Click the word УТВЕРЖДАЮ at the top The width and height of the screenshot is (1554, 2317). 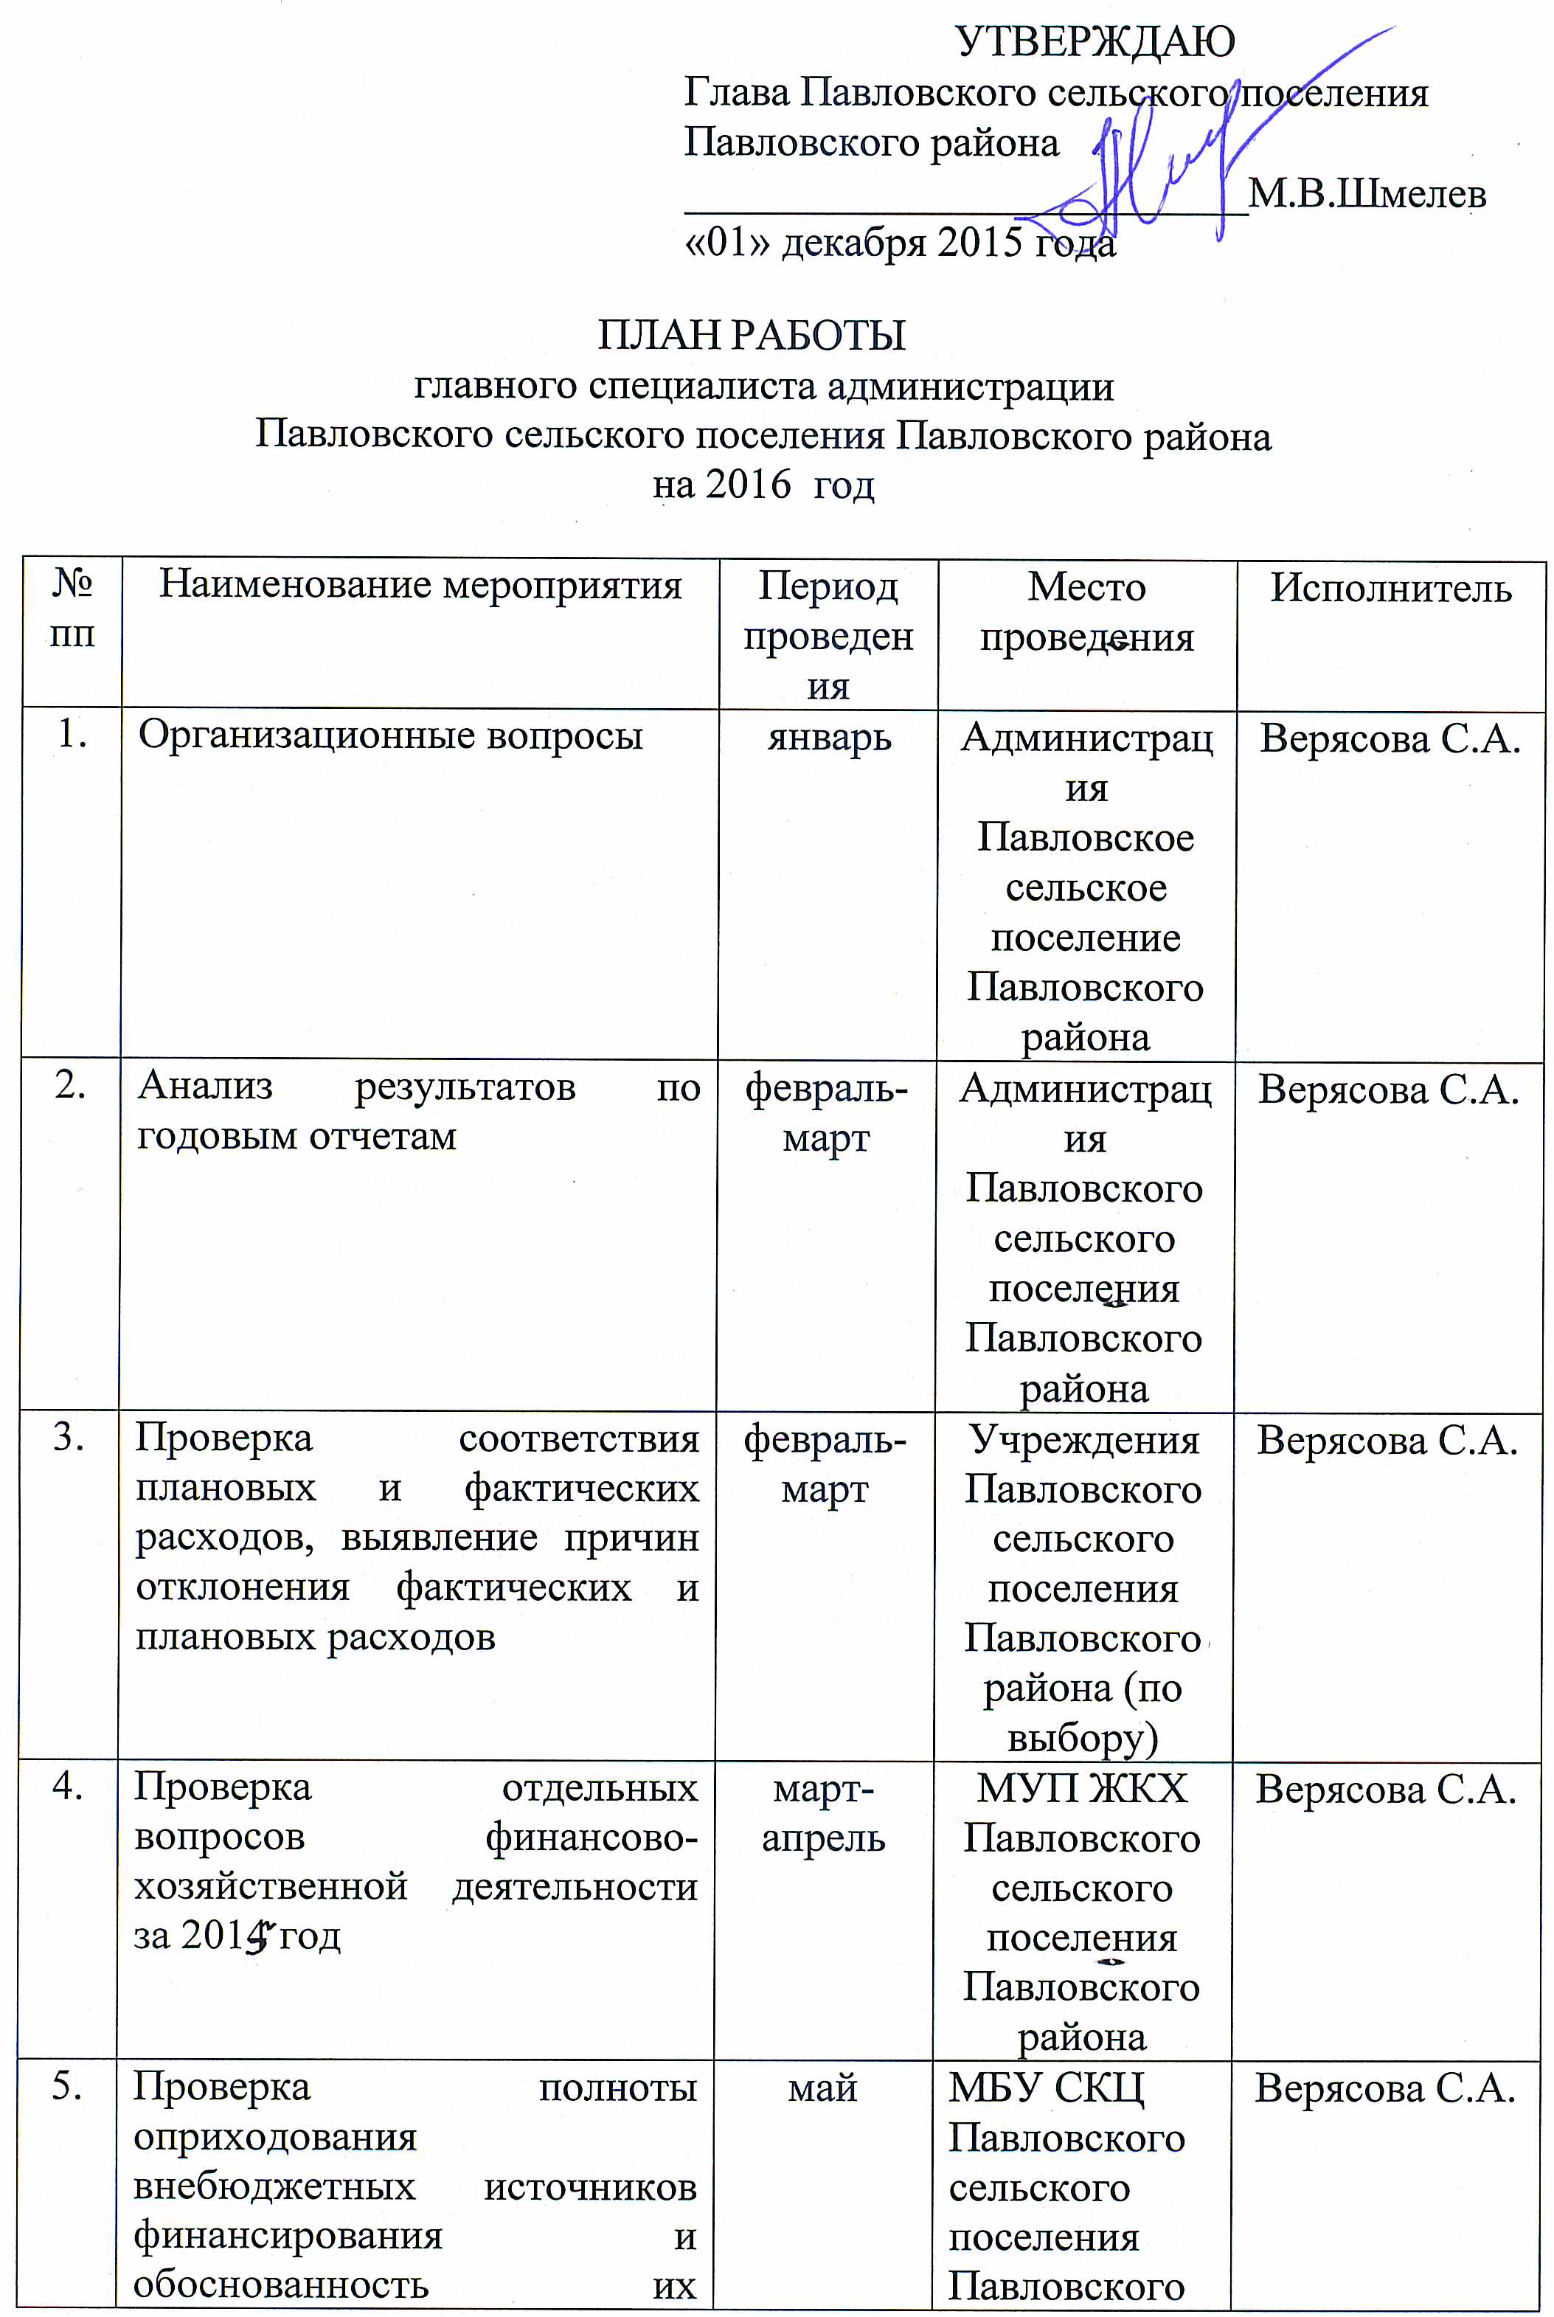1095,41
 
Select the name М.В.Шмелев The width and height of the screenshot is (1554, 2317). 1367,193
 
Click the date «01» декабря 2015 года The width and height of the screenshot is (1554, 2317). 900,242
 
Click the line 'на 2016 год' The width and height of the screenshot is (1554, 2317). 763,485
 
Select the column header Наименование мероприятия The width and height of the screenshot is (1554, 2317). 420,585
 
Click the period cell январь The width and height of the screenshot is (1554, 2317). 828,738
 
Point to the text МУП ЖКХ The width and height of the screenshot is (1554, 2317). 1081,1789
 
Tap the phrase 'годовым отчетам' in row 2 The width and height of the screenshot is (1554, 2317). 296,1136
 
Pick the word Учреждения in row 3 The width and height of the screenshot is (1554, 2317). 1083,1439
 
